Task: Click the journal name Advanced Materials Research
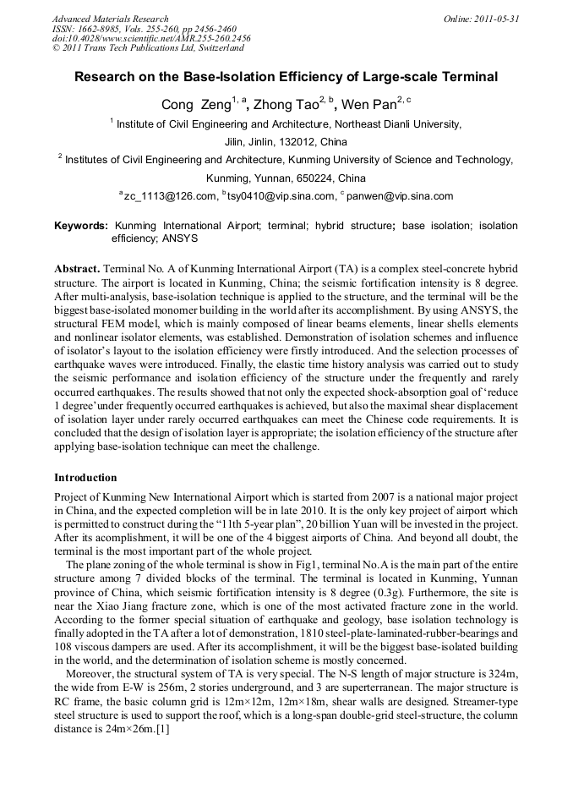(110, 19)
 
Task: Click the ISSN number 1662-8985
(101, 28)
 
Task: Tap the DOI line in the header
(150, 38)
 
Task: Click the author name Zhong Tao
(285, 105)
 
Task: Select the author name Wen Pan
(369, 105)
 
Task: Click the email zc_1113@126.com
(170, 196)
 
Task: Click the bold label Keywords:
(81, 227)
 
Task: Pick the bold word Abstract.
(77, 267)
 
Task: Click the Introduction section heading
(90, 478)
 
